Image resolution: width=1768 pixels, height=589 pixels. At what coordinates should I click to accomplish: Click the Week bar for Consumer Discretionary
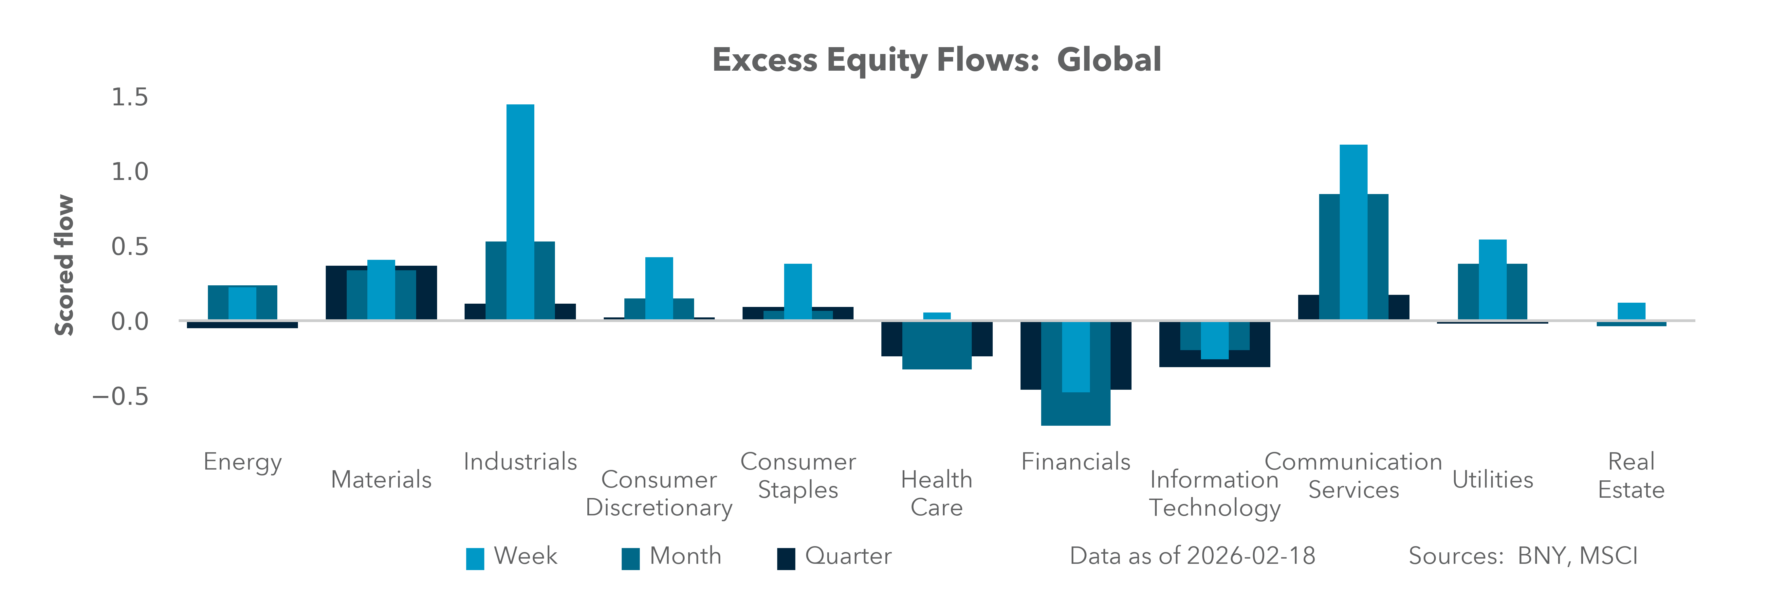[x=659, y=288]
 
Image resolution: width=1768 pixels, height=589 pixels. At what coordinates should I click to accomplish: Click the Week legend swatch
[x=475, y=558]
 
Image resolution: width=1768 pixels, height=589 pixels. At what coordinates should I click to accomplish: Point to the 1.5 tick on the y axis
[x=130, y=98]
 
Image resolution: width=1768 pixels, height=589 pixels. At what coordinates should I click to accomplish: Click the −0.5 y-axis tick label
[x=121, y=396]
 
